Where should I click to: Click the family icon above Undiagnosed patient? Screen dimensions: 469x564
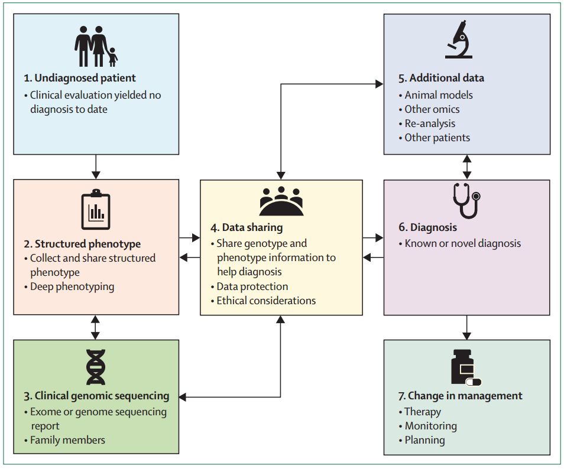(x=96, y=46)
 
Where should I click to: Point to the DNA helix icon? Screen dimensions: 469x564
(x=96, y=366)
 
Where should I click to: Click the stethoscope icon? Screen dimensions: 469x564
(x=466, y=200)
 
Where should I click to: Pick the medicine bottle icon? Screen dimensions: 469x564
(x=465, y=367)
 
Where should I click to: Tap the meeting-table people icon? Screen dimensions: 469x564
(x=281, y=201)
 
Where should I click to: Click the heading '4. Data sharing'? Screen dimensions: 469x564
(x=247, y=227)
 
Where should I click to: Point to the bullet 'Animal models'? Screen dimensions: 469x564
(x=438, y=95)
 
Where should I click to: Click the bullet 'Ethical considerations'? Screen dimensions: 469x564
(x=265, y=300)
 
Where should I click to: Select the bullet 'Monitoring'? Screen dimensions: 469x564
(x=430, y=425)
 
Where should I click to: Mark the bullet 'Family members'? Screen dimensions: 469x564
(x=67, y=439)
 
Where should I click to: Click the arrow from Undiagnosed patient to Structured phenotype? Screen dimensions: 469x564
(x=96, y=167)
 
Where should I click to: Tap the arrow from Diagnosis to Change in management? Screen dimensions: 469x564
(x=466, y=327)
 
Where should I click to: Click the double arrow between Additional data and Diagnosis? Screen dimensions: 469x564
(x=466, y=167)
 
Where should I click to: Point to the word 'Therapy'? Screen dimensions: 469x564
(x=423, y=411)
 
